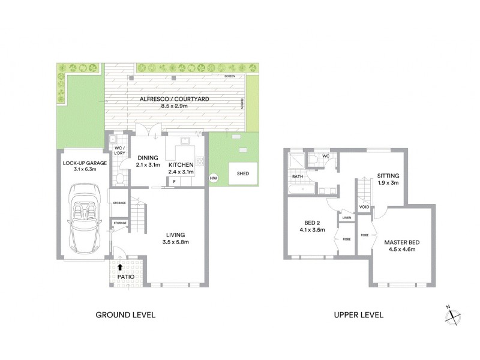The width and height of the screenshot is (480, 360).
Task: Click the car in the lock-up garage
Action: pos(85,219)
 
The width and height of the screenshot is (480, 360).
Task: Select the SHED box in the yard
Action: pos(243,173)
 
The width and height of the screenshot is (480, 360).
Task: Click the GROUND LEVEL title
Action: pos(126,315)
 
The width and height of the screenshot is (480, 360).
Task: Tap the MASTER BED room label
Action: pos(402,242)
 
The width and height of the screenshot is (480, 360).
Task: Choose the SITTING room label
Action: pos(388,175)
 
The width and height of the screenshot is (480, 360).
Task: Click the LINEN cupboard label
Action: pos(347,218)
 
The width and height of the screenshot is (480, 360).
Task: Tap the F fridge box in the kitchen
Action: pos(174,181)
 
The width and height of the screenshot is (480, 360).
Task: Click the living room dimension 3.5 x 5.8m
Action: pos(176,242)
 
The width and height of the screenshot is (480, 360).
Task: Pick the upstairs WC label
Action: pos(326,157)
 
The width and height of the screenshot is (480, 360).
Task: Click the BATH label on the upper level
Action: pos(298,177)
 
